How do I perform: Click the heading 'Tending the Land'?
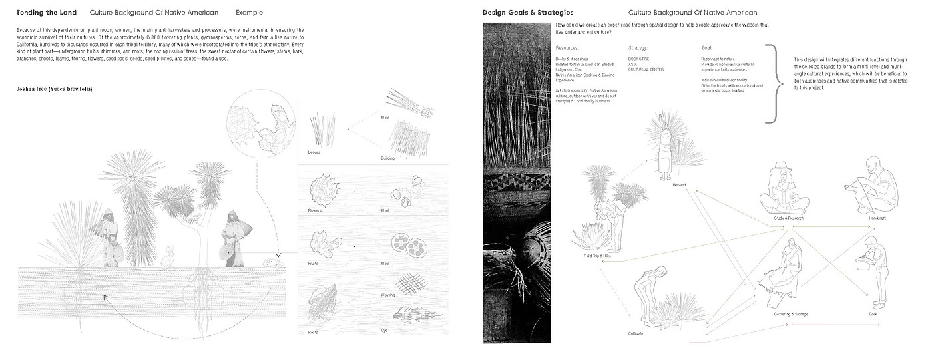coord(46,13)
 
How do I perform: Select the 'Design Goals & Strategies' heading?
coord(528,13)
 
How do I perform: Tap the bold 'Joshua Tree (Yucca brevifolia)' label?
coord(54,89)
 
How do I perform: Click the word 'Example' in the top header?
coord(249,13)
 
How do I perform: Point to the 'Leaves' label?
coord(314,152)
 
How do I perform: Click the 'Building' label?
coord(387,158)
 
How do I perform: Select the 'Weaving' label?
coord(387,295)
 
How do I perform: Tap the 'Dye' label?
coord(384,331)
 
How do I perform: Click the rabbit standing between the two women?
coord(170,256)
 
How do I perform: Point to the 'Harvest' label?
coord(679,184)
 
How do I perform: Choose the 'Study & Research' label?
coord(789,218)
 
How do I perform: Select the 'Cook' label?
coord(873,313)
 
